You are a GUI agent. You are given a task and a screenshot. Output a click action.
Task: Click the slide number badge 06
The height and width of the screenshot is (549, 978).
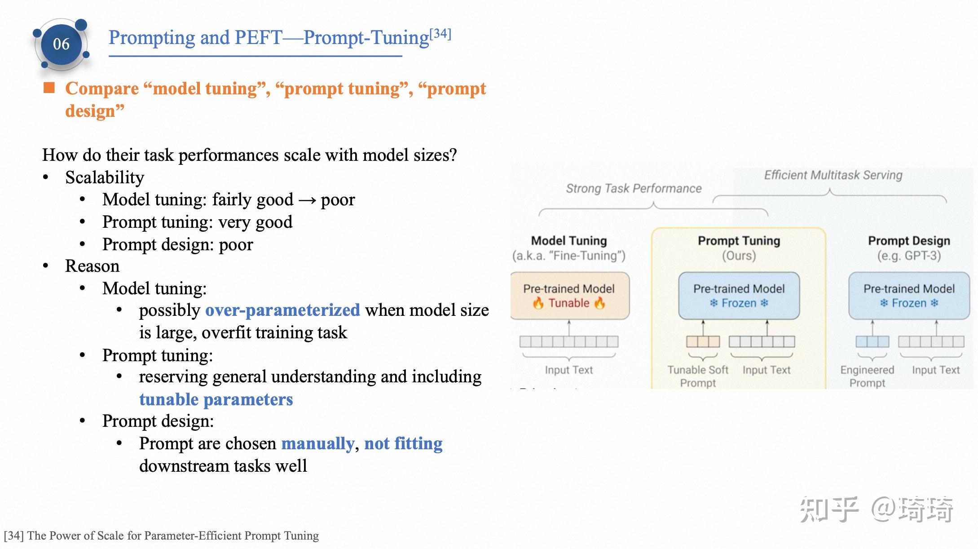pos(61,44)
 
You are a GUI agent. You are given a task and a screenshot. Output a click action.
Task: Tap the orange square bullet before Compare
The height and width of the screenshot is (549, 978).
pos(48,88)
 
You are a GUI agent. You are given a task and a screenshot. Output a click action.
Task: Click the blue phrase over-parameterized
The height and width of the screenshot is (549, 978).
pos(282,310)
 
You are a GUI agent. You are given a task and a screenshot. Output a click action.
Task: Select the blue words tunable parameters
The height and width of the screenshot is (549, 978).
pos(216,399)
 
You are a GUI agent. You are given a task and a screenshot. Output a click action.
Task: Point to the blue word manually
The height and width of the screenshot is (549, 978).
pos(317,443)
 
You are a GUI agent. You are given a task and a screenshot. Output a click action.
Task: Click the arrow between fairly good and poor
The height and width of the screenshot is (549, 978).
pos(307,200)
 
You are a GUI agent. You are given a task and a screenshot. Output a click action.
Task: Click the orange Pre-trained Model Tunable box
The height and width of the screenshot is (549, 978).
pos(569,296)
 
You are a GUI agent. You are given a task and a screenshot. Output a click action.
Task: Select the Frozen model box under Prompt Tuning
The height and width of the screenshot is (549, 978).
pos(739,296)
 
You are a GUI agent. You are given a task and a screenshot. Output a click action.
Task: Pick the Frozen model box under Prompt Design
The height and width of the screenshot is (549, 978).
pos(909,296)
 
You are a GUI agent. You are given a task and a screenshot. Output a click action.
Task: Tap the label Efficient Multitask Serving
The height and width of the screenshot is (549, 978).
pos(833,175)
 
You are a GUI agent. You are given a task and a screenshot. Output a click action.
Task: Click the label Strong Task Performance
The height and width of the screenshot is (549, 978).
pos(633,188)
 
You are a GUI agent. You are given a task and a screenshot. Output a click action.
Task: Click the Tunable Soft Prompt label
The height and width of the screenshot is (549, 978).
pos(697,376)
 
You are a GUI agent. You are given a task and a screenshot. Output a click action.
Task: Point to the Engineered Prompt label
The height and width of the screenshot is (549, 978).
pos(867,376)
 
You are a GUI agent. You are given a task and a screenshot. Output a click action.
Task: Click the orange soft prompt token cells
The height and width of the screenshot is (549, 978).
pos(703,342)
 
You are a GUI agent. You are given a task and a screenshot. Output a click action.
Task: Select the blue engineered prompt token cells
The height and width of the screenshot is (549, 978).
pos(872,342)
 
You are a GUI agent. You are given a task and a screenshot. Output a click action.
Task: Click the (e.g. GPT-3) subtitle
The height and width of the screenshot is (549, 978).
pos(909,256)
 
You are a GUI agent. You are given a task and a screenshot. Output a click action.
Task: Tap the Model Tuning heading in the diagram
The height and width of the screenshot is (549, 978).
pos(568,241)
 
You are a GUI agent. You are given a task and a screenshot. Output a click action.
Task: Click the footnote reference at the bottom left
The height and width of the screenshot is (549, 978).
pos(161,536)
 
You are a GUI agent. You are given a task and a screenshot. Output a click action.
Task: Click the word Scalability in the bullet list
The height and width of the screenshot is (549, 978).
pos(105,177)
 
